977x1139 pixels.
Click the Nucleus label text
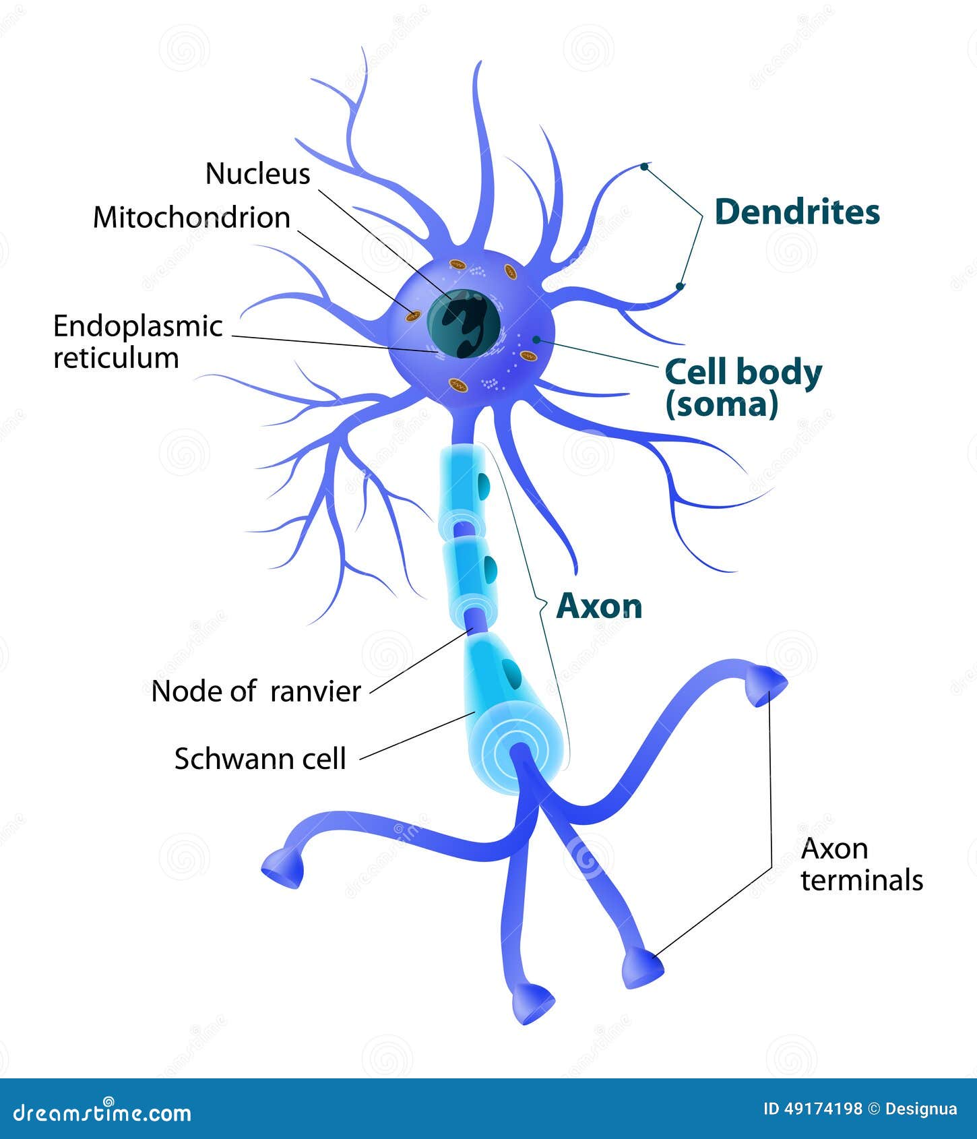click(x=257, y=174)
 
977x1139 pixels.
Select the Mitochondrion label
click(x=191, y=218)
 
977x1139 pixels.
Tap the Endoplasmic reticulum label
click(x=137, y=342)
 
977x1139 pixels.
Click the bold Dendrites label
click(x=797, y=212)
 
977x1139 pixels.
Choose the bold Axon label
click(x=599, y=607)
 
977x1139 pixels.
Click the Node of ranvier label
click(x=256, y=691)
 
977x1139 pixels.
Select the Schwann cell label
click(x=260, y=759)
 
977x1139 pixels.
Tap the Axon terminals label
click(x=861, y=865)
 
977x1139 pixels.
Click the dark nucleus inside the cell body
click(x=464, y=324)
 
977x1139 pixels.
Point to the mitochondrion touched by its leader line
click(x=414, y=315)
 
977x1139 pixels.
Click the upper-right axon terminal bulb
click(x=767, y=686)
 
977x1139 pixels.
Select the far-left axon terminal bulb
click(x=283, y=868)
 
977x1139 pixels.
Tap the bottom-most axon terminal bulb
click(x=532, y=1002)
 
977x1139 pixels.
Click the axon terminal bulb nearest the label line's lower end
click(x=641, y=966)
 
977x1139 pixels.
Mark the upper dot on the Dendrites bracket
click(x=644, y=166)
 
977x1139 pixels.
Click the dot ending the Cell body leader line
click(x=536, y=339)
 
